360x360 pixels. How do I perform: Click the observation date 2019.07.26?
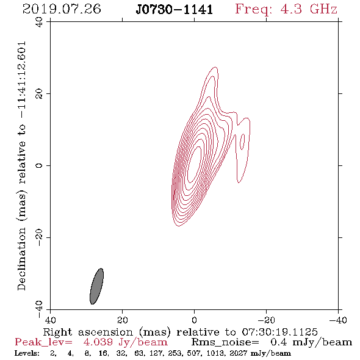click(x=62, y=9)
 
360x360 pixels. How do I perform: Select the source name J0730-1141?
click(x=175, y=10)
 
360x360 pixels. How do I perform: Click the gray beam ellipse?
click(x=96, y=286)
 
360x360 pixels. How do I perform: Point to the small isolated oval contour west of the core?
click(x=242, y=142)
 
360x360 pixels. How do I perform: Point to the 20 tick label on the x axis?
click(x=122, y=320)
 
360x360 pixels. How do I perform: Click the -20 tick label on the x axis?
click(x=266, y=320)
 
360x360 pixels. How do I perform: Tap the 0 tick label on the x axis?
click(x=194, y=320)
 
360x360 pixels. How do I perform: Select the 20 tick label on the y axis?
click(x=39, y=94)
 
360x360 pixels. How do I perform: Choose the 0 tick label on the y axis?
click(x=39, y=165)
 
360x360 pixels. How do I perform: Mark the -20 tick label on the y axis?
click(x=39, y=237)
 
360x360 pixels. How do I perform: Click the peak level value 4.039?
click(x=98, y=342)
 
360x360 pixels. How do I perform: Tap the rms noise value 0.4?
click(x=278, y=342)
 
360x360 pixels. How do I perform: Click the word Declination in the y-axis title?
click(x=21, y=259)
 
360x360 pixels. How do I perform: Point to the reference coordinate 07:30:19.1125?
click(x=279, y=332)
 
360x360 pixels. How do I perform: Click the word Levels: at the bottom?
click(x=27, y=353)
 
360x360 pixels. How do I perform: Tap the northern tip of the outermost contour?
click(x=215, y=67)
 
